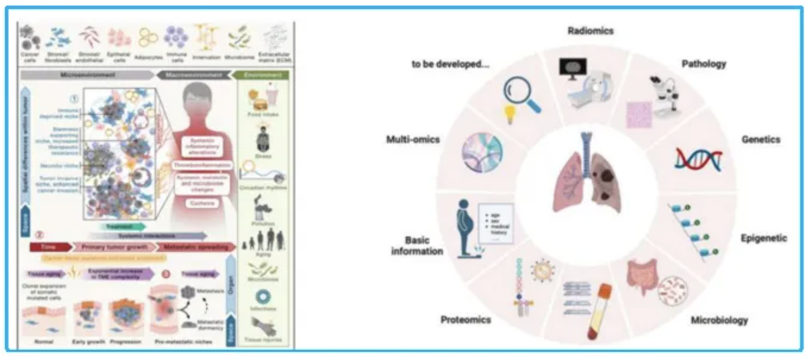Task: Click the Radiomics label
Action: (590, 30)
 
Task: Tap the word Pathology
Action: (704, 64)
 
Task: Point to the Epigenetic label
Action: (764, 238)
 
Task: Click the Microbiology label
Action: (719, 320)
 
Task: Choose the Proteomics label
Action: (466, 319)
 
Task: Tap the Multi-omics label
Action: (413, 139)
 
